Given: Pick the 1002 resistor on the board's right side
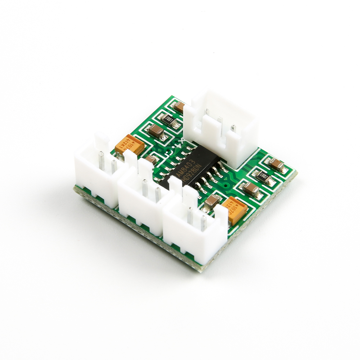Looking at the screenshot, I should pyautogui.click(x=265, y=177).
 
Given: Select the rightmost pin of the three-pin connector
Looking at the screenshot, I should pyautogui.click(x=233, y=128).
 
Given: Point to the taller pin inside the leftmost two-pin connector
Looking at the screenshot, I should pyautogui.click(x=101, y=160).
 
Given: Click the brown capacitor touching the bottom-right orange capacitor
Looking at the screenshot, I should pyautogui.click(x=211, y=202).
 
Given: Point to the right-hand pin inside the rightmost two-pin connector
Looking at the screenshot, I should pyautogui.click(x=203, y=222).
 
